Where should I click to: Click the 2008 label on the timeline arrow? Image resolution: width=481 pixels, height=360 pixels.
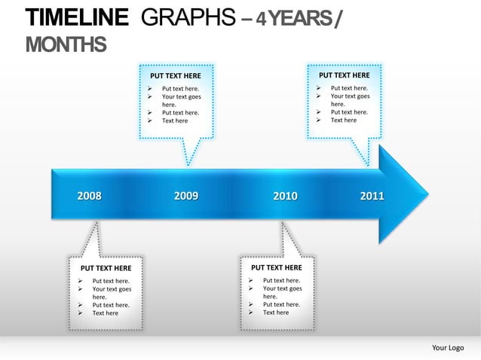click(x=89, y=196)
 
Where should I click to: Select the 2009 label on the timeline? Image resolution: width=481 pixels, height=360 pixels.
click(x=186, y=196)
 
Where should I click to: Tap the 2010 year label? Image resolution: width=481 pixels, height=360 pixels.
click(x=285, y=196)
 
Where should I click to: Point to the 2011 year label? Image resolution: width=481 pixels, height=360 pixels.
click(x=372, y=196)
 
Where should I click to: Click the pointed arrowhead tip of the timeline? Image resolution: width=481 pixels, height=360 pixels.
click(x=427, y=195)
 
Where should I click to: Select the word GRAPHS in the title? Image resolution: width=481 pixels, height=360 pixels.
click(x=189, y=17)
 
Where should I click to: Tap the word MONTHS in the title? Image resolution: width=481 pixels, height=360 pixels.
click(x=66, y=45)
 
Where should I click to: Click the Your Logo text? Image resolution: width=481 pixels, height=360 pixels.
click(x=448, y=347)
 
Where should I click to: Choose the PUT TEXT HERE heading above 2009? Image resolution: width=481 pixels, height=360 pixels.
click(x=176, y=76)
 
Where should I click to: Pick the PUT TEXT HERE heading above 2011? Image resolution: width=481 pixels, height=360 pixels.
click(x=344, y=75)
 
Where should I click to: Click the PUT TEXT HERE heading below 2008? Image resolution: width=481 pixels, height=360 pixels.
click(x=106, y=268)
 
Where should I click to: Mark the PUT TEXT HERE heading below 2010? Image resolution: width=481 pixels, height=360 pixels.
click(x=276, y=267)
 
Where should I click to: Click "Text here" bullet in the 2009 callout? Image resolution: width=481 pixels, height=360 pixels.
click(x=175, y=121)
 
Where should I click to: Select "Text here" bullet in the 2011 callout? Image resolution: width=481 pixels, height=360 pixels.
click(x=344, y=120)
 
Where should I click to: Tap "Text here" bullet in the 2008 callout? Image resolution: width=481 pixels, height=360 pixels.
click(x=106, y=313)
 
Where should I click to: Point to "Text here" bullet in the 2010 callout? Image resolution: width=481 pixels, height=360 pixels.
click(x=276, y=313)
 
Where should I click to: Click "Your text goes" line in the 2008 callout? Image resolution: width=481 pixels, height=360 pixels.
click(x=112, y=289)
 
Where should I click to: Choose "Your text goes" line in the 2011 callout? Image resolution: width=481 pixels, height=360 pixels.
click(x=350, y=96)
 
